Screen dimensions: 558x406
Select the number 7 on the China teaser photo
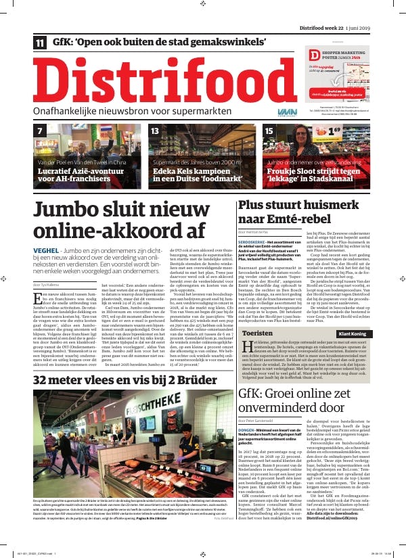point(41,131)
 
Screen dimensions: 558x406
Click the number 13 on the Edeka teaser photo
point(155,131)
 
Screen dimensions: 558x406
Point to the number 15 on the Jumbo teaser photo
point(269,131)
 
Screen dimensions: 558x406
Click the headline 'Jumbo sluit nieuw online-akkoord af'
point(119,220)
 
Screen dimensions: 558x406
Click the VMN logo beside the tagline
point(287,110)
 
